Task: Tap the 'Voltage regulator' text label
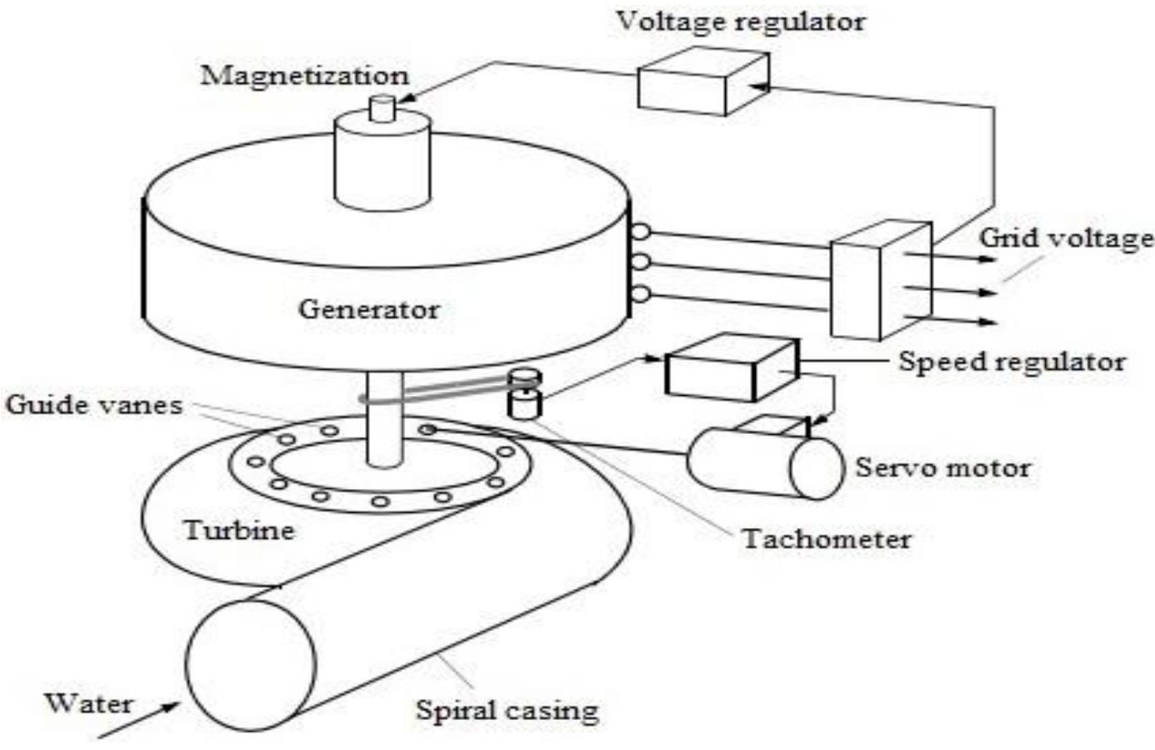pos(740,21)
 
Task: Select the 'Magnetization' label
pos(305,76)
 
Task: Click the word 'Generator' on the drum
pos(368,309)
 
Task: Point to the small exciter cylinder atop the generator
pos(383,158)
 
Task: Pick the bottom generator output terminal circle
pos(639,294)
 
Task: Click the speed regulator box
pos(730,368)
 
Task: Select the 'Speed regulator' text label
pos(1012,362)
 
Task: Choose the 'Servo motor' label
pos(943,467)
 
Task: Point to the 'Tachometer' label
pos(827,539)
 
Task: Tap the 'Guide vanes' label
pos(93,405)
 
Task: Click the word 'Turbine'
pos(239,530)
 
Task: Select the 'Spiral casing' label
pos(507,711)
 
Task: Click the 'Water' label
pos(88,703)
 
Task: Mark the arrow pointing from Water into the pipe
pos(141,718)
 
